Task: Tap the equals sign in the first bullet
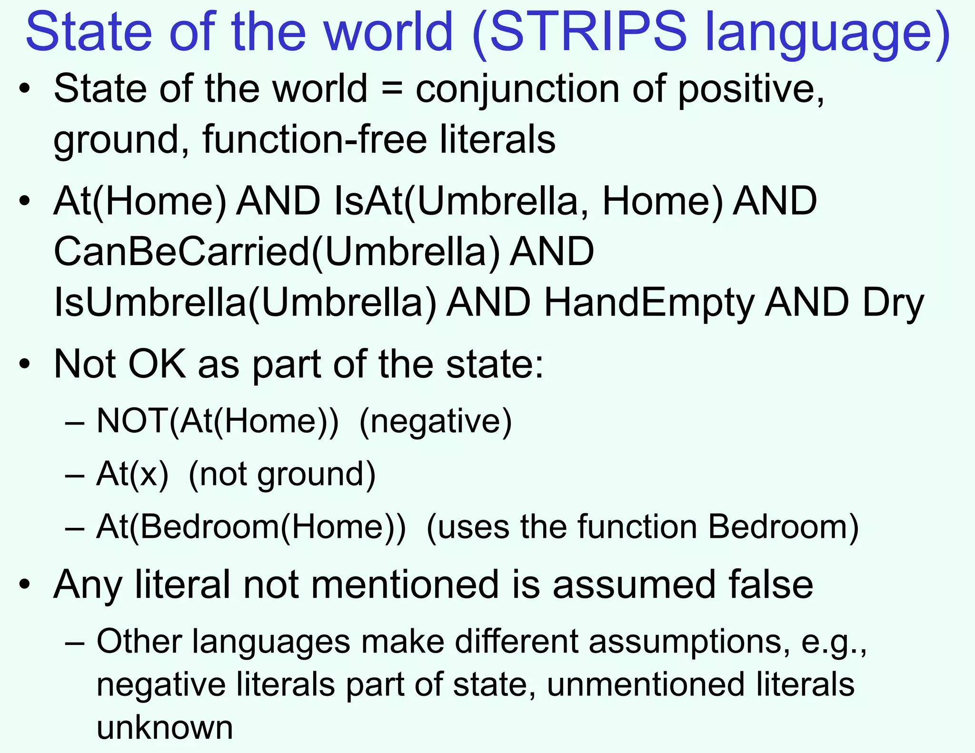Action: (391, 89)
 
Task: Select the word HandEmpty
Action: (649, 304)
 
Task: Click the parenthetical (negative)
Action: (435, 422)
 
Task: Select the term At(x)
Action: (132, 475)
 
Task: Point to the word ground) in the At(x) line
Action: (317, 475)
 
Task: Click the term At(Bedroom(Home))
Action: (251, 527)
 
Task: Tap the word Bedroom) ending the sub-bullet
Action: (783, 527)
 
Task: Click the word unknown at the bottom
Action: (165, 727)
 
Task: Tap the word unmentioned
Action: (646, 684)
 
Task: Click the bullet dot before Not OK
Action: (25, 365)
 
